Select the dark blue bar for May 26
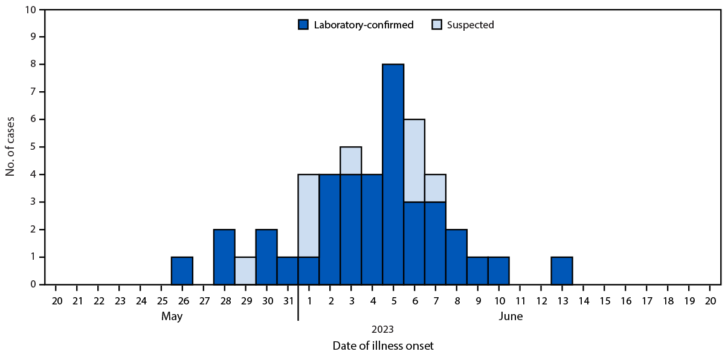click(x=182, y=271)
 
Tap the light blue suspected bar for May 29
click(x=245, y=271)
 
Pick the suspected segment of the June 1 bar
click(x=309, y=216)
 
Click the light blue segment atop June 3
click(x=351, y=161)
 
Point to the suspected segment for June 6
click(x=414, y=161)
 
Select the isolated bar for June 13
click(x=562, y=271)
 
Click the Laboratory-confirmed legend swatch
click(x=303, y=25)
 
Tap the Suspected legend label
click(x=471, y=25)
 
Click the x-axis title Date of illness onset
click(x=382, y=346)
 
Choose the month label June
click(x=510, y=316)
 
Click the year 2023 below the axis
click(x=382, y=329)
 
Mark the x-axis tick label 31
click(x=288, y=300)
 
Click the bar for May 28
click(x=224, y=257)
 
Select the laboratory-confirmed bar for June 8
click(x=456, y=257)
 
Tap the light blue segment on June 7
click(x=435, y=188)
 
